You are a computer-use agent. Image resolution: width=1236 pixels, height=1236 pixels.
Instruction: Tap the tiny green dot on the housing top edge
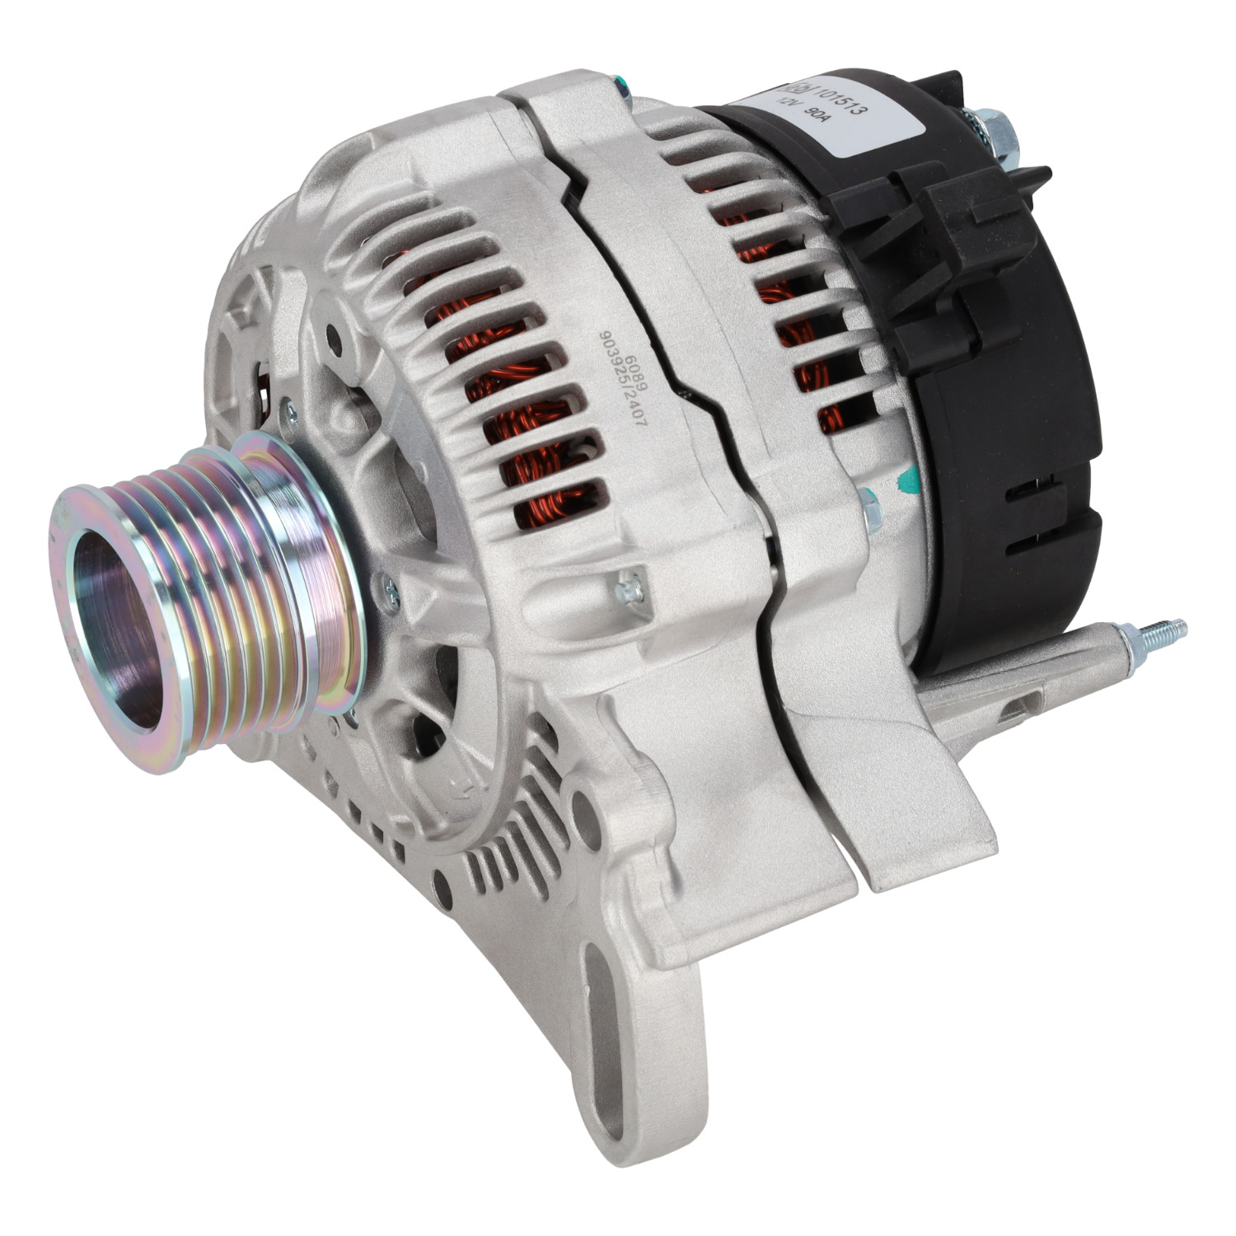click(617, 81)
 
